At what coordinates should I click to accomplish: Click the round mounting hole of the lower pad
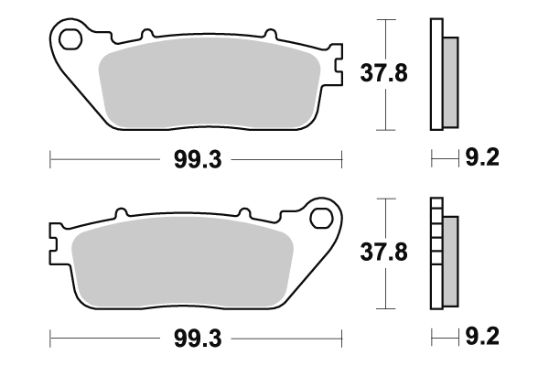pyautogui.click(x=321, y=218)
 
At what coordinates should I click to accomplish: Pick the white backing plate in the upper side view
pyautogui.click(x=436, y=73)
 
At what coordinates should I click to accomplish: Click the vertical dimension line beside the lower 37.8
pyautogui.click(x=389, y=284)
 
